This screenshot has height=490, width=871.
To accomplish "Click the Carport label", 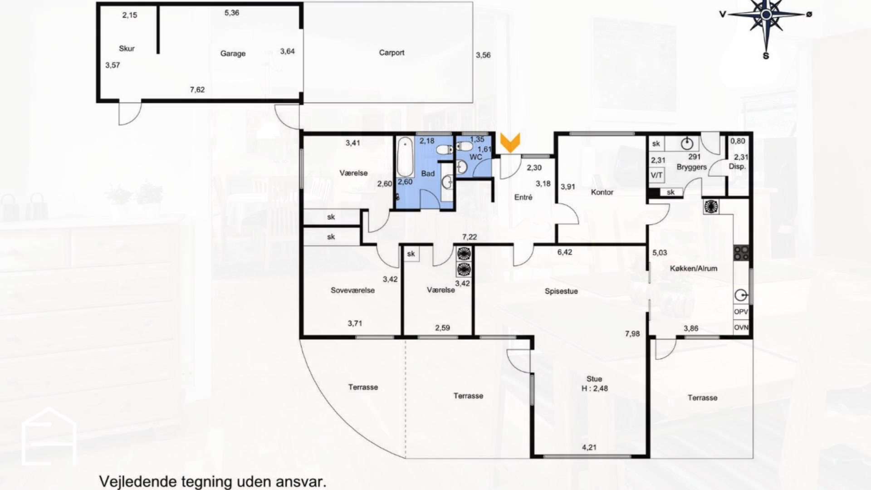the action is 391,53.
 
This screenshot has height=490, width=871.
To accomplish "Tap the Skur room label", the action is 127,49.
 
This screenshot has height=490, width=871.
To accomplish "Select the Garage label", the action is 233,54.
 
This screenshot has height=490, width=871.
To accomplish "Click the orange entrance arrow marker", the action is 510,142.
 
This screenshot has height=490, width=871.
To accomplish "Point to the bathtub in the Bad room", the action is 406,157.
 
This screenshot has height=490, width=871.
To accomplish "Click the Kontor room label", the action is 602,192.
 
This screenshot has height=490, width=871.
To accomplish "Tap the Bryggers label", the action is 691,167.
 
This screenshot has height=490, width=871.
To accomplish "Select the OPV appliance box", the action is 741,312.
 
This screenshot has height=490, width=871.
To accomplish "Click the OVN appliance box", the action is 741,327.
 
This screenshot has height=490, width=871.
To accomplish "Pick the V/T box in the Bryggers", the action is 656,175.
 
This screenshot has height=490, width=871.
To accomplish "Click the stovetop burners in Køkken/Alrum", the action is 741,253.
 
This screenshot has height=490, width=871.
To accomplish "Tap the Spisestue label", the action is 561,291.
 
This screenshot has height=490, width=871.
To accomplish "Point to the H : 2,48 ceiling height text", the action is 594,388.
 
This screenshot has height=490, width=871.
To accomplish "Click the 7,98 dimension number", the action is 632,334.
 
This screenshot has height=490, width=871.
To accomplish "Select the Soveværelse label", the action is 352,290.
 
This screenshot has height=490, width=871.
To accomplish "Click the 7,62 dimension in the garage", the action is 197,90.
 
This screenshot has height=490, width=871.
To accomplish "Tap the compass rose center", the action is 766,15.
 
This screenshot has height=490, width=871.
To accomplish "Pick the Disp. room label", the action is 737,167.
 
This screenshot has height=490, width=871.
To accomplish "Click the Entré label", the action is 523,197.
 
